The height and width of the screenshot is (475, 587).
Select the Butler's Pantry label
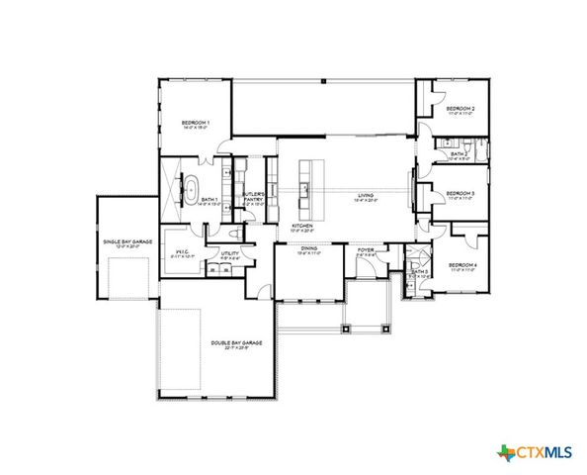point(253,195)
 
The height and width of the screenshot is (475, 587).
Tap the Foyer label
point(365,249)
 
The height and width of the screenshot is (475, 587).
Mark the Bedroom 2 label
point(461,108)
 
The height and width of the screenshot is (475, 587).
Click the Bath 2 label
point(459,153)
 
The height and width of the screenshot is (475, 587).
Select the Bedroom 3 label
point(461,193)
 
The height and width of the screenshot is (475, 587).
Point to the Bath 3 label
point(419,271)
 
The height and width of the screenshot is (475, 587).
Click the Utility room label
point(230,253)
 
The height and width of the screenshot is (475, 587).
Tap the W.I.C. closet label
point(181,250)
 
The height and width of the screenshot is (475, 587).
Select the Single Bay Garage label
point(126,242)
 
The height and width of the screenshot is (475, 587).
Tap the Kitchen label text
point(302,227)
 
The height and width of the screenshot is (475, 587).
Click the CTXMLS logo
point(535,452)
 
